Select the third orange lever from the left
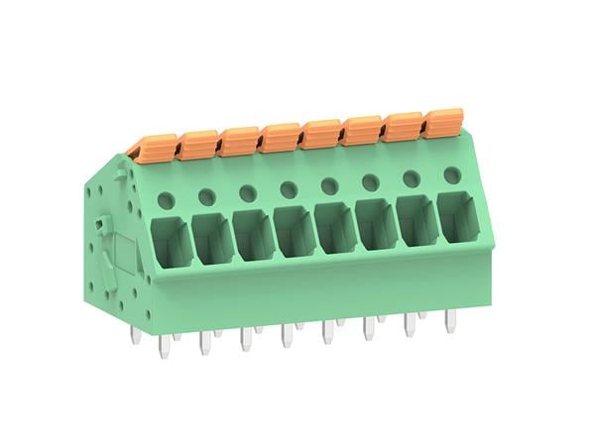coord(239,140)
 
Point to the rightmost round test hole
coord(451,174)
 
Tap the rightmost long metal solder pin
coord(449,318)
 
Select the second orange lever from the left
coord(197,144)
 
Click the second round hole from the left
coord(207,196)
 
